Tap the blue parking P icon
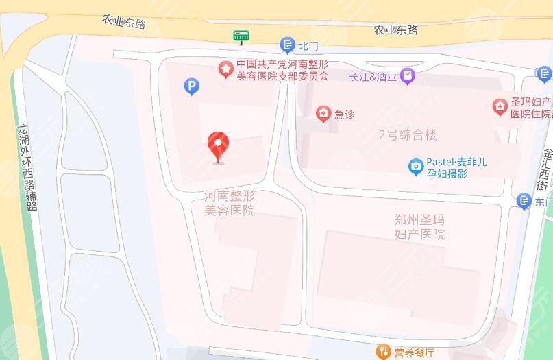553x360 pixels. tap(193, 86)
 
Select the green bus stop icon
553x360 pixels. tap(241, 36)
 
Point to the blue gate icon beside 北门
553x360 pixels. tap(288, 46)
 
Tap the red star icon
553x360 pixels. tap(225, 69)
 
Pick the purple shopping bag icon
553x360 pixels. tap(408, 76)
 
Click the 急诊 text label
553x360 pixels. tap(344, 115)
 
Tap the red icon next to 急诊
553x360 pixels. tap(322, 114)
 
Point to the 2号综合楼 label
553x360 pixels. tap(408, 135)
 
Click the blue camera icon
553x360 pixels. tap(415, 167)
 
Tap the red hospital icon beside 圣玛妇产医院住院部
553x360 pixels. tap(500, 107)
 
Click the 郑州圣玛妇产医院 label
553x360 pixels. tap(420, 227)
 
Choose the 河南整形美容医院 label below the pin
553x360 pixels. tap(230, 203)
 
